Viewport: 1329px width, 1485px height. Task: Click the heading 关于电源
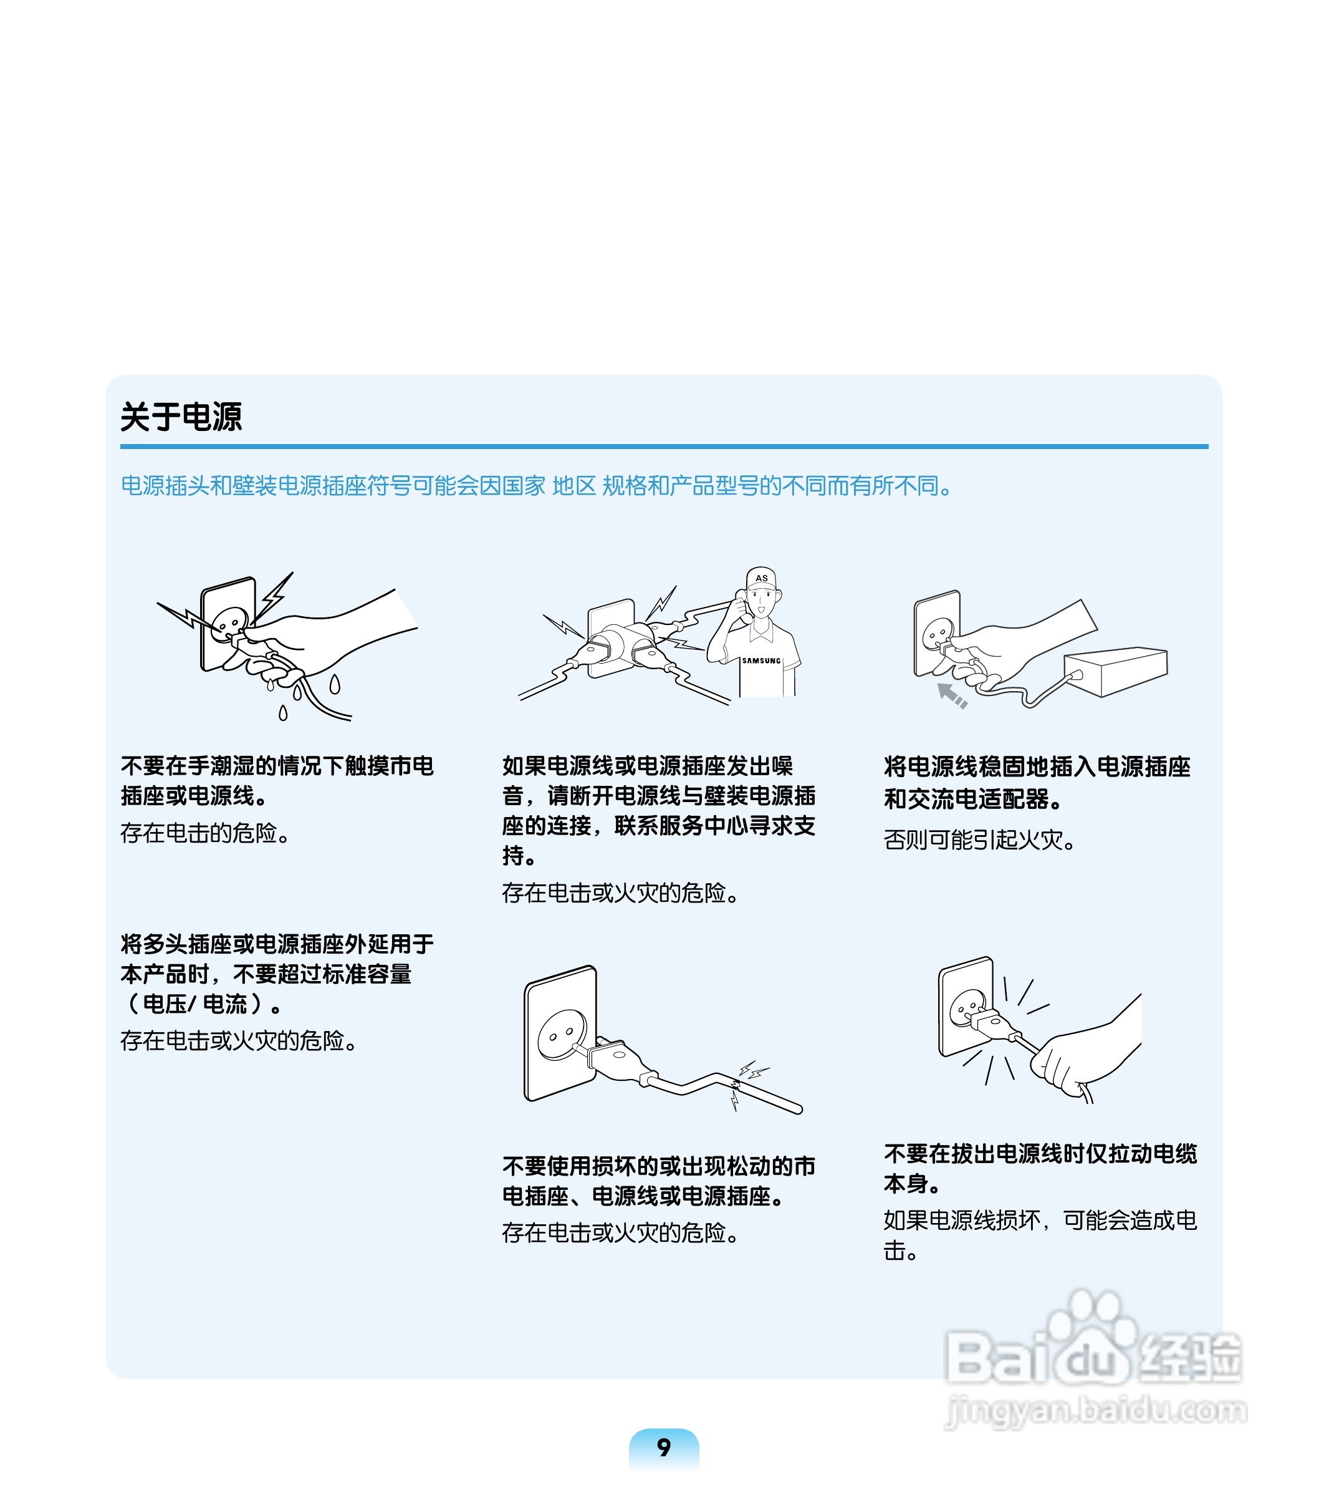(x=181, y=417)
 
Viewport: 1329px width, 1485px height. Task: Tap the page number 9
(x=663, y=1447)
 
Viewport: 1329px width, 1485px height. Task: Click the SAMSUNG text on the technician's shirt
(x=761, y=660)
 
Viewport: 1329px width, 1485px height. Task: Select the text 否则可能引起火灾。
(x=979, y=840)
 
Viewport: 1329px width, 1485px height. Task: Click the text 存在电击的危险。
(x=205, y=833)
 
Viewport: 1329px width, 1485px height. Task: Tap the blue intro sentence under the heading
(x=537, y=486)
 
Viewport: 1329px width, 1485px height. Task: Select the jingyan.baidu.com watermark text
(x=1095, y=1410)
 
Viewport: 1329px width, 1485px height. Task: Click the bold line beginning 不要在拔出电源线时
(x=1040, y=1153)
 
